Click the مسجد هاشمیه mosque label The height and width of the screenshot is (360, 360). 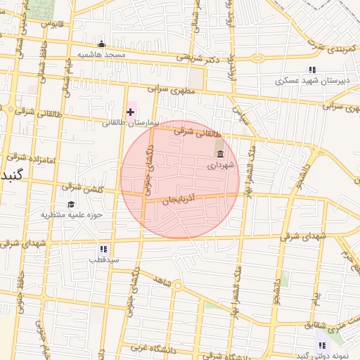coord(101,54)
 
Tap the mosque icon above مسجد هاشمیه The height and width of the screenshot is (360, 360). coord(101,44)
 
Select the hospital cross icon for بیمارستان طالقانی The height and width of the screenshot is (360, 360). coord(130,112)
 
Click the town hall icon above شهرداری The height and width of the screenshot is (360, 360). coord(220,154)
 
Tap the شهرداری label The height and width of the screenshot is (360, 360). coord(219,166)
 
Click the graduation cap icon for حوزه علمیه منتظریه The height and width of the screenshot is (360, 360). coord(70,204)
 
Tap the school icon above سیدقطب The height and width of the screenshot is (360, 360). coord(104,249)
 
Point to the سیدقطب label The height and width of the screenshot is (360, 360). coord(104,260)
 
